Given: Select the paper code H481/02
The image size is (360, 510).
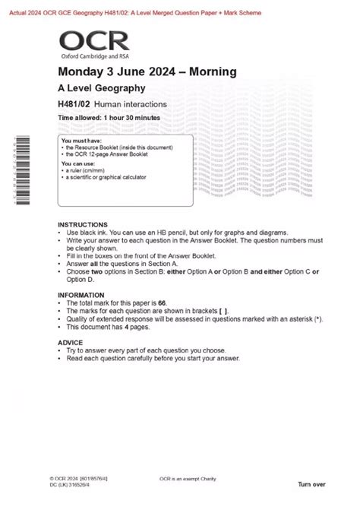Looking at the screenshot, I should pyautogui.click(x=74, y=104).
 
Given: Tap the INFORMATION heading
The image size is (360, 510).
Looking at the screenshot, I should pyautogui.click(x=81, y=294).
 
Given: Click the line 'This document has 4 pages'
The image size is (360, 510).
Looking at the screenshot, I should pyautogui.click(x=114, y=327).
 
